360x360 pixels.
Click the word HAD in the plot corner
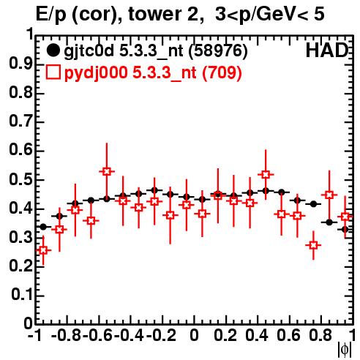point(327,50)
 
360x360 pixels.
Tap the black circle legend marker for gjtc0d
point(53,50)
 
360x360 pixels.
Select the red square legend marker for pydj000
point(53,72)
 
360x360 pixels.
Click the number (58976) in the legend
point(218,50)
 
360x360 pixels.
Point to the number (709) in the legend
point(222,72)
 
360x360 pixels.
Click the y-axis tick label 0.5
point(20,179)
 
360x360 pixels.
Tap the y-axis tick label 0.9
point(20,64)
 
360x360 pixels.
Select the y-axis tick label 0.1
point(21,295)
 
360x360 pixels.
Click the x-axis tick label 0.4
point(257,335)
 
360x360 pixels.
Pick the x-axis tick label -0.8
point(67,335)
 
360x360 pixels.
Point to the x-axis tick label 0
point(194,335)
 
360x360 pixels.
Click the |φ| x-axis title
point(345,349)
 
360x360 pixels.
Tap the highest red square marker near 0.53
point(107,171)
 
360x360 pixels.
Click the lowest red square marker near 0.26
point(43,250)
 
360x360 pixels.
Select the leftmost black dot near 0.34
point(43,227)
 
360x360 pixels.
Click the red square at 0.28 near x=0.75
point(313,245)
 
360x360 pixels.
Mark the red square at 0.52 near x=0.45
point(266,174)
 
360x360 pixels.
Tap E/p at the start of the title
point(51,15)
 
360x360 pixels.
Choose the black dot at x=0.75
point(313,204)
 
